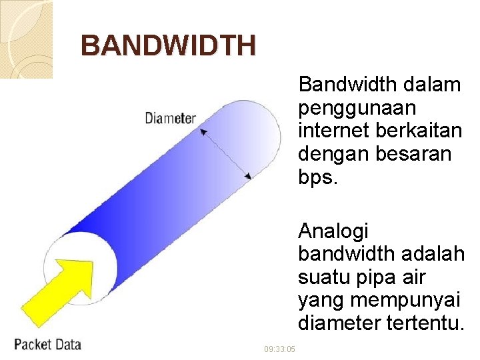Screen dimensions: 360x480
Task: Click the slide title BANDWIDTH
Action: pyautogui.click(x=168, y=46)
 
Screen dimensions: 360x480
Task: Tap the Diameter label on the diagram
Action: pyautogui.click(x=170, y=119)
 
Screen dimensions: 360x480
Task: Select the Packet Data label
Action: pyautogui.click(x=48, y=344)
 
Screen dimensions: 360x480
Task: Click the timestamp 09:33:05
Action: pyautogui.click(x=279, y=349)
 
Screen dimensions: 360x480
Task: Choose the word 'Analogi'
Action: pyautogui.click(x=333, y=231)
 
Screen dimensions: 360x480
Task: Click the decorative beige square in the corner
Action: pyautogui.click(x=25, y=39)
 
